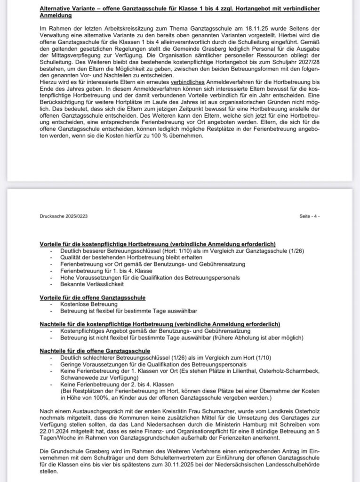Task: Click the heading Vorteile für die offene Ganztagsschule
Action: pyautogui.click(x=93, y=298)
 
